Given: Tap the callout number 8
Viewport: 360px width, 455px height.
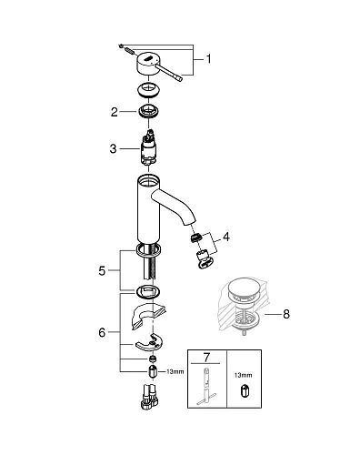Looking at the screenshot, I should (287, 316).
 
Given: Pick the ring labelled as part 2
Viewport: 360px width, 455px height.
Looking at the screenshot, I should (147, 112).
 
